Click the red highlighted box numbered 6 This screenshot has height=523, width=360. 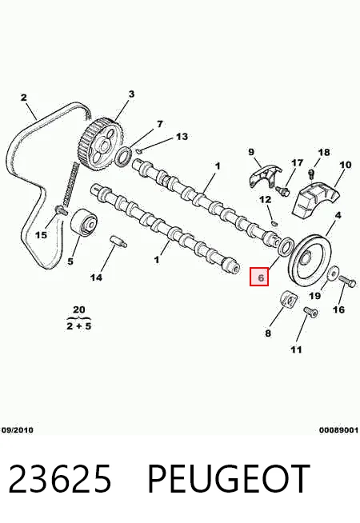pos(259,277)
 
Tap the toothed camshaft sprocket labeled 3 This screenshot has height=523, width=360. pos(102,143)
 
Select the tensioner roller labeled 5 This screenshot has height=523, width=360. pos(84,223)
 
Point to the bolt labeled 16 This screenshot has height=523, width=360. pos(348,281)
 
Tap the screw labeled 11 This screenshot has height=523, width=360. pos(311,312)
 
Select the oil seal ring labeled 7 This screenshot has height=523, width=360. pos(124,157)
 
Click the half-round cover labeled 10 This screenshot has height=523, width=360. pos(316,199)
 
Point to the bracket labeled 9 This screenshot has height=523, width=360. pos(265,176)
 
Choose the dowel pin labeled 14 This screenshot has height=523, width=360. pos(118,242)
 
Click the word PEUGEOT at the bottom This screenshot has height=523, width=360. pos(228,479)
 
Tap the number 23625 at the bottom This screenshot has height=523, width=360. pos(59,479)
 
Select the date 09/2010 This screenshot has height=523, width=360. pos(17,430)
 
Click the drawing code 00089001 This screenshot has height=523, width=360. pos(338,430)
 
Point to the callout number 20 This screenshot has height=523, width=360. pos(78,309)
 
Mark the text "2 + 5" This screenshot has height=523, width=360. pos(78,325)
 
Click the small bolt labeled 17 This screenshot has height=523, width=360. pos(282,190)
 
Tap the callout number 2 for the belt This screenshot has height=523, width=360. pos(23,98)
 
